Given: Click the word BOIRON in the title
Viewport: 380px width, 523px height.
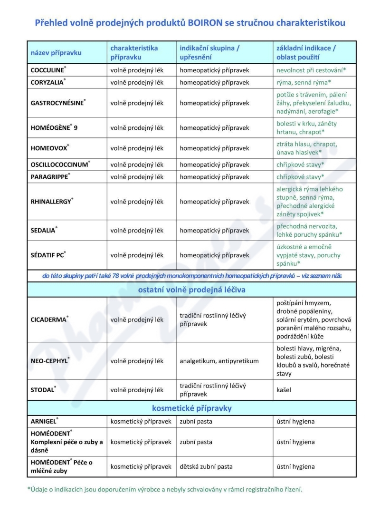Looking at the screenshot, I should click(x=210, y=22).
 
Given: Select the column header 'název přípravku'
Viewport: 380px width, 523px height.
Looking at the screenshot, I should click(x=56, y=52).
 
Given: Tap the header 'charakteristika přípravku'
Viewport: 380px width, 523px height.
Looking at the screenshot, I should click(x=134, y=52).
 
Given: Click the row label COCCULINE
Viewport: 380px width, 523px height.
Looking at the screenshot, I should click(x=47, y=70).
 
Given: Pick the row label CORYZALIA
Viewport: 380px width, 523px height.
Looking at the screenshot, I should click(x=47, y=82).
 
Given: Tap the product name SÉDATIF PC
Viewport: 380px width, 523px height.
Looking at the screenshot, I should click(x=47, y=255).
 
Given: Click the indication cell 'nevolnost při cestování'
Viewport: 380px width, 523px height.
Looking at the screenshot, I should click(x=311, y=70).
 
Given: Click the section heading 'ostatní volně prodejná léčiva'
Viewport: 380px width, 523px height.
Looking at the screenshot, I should click(x=191, y=290).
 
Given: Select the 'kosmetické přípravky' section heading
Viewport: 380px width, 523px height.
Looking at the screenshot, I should click(x=191, y=408).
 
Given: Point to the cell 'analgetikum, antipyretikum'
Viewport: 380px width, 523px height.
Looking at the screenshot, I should click(x=219, y=361).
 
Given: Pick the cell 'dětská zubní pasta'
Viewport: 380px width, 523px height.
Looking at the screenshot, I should click(x=206, y=466).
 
